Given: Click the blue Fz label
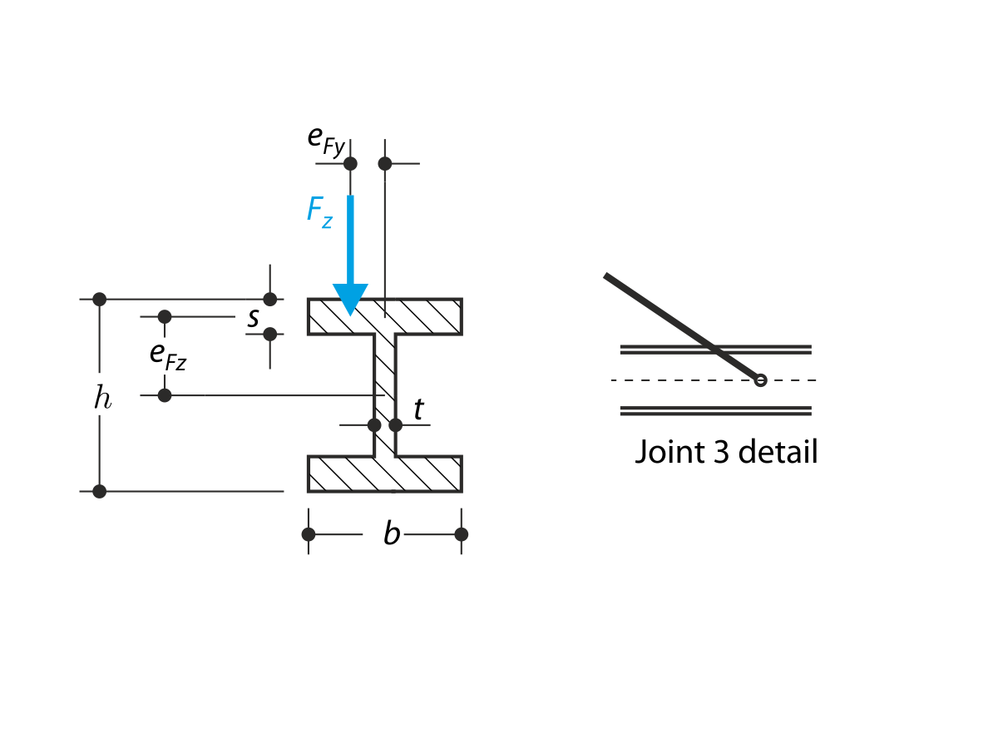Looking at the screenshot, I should pyautogui.click(x=319, y=211).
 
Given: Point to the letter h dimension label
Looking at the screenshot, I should pyautogui.click(x=101, y=398).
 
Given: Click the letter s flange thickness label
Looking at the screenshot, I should pyautogui.click(x=253, y=317).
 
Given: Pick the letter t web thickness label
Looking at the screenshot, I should pyautogui.click(x=418, y=409).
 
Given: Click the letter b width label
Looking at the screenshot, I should pyautogui.click(x=392, y=534).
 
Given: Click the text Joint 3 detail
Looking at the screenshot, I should pyautogui.click(x=726, y=452).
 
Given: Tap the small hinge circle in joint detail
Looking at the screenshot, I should pyautogui.click(x=759, y=380).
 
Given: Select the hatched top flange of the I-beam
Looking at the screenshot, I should pyautogui.click(x=416, y=316).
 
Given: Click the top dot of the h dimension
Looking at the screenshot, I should pyautogui.click(x=100, y=299).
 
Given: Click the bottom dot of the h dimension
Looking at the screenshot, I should pyautogui.click(x=100, y=491).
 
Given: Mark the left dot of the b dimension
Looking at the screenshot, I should pyautogui.click(x=309, y=534).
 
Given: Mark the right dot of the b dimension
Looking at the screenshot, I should pyautogui.click(x=462, y=534).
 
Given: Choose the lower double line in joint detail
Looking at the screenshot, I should pyautogui.click(x=715, y=410).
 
